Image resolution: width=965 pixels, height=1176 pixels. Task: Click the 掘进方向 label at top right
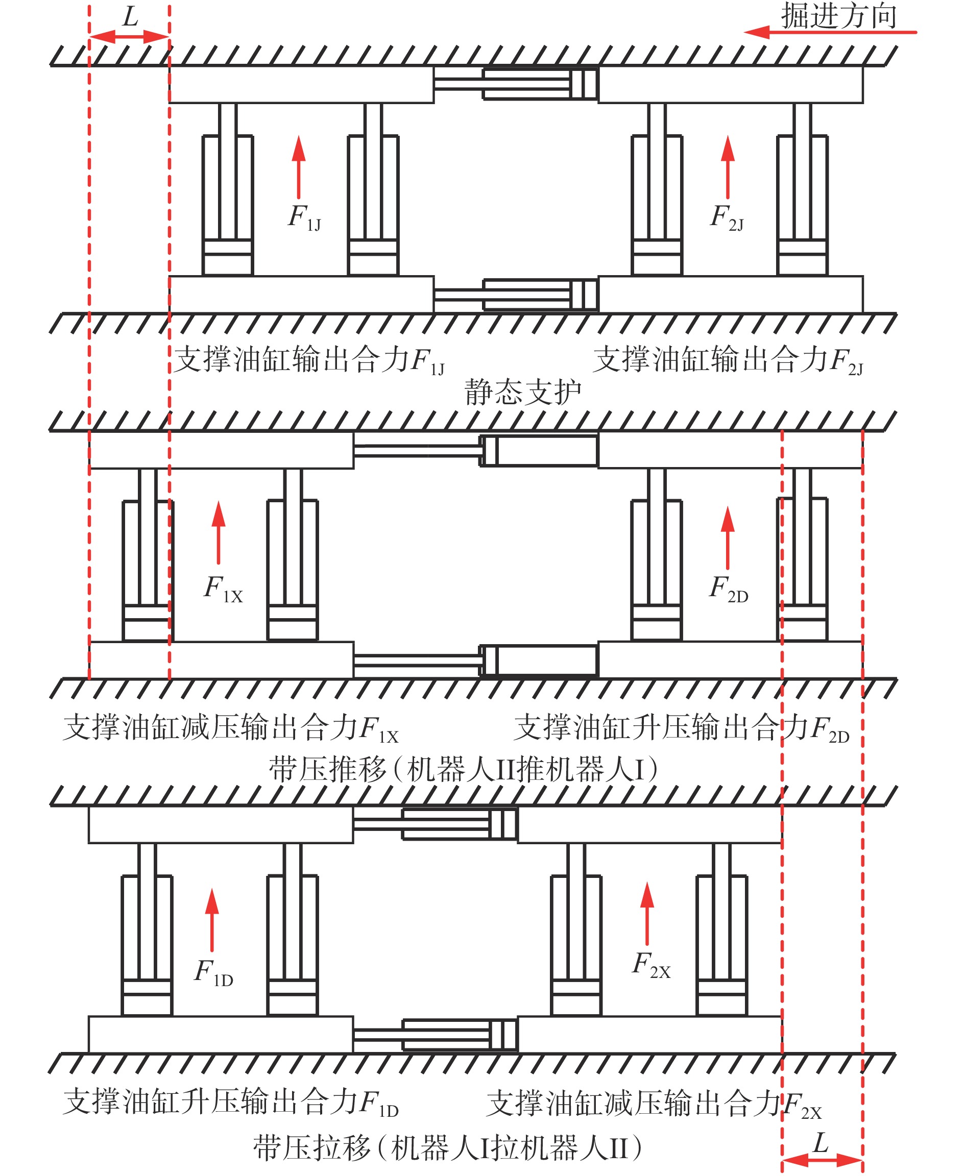point(839,15)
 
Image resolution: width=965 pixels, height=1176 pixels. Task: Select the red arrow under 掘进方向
point(830,32)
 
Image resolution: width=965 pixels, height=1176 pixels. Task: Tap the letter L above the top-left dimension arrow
point(130,17)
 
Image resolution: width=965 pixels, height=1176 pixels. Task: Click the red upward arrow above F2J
point(728,167)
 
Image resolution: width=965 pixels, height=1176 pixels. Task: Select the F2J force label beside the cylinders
point(727,217)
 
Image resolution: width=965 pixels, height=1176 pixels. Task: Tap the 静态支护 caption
point(522,393)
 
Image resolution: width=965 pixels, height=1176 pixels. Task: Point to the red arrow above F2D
point(728,537)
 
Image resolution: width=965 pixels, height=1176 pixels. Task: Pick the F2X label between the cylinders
point(651,964)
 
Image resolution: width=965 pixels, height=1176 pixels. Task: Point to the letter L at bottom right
point(821,1144)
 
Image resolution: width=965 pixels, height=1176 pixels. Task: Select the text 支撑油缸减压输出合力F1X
point(231,728)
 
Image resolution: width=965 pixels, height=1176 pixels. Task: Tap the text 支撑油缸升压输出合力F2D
point(682,728)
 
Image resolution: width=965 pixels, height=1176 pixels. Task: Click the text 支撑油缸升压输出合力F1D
point(231,1102)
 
